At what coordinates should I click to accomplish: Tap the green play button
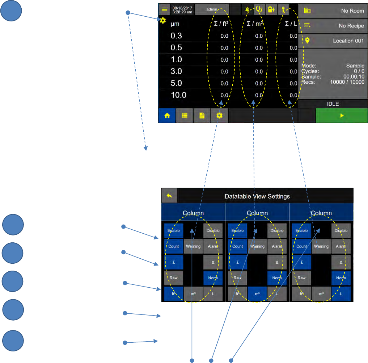point(342,116)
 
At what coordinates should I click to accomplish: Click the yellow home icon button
point(167,116)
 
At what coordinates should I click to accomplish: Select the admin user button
point(212,9)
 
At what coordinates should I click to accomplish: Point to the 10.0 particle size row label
point(178,95)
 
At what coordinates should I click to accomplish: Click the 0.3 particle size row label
point(177,36)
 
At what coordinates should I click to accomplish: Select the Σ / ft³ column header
point(221,24)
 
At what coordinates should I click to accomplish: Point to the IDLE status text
point(333,104)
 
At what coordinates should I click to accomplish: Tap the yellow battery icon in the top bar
point(271,9)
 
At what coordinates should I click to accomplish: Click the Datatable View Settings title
point(257,196)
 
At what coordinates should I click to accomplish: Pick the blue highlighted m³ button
point(257,294)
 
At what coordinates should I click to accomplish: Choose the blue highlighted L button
point(341,294)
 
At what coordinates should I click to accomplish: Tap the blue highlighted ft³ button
point(173,294)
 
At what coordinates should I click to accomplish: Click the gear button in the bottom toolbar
point(219,116)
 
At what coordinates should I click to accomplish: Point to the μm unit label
point(175,24)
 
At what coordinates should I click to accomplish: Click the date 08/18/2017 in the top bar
point(182,7)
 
